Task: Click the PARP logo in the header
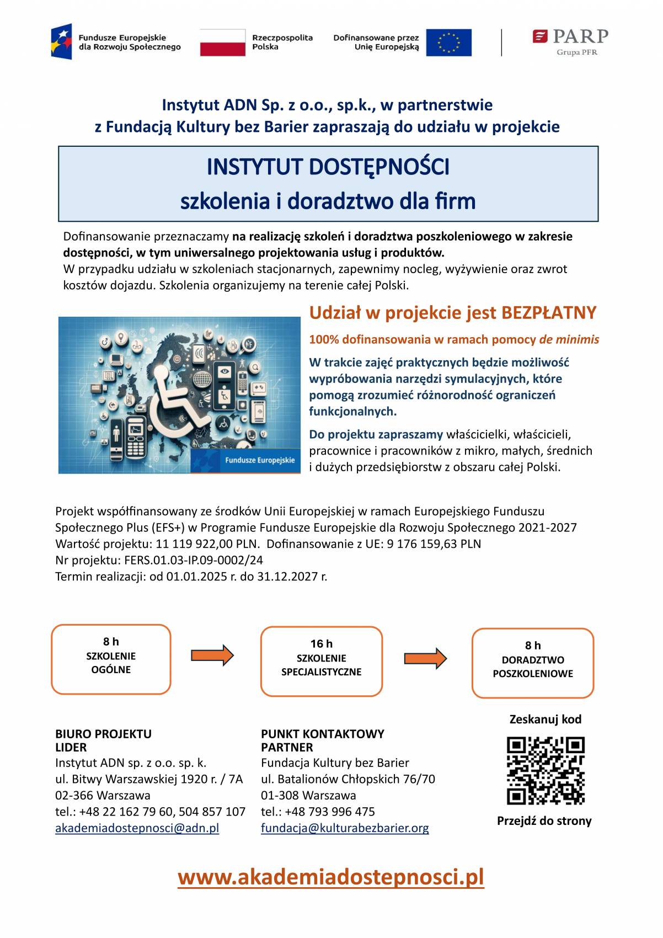tap(570, 41)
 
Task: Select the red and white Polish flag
tap(222, 42)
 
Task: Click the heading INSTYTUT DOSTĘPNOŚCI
tap(328, 167)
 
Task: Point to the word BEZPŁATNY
tap(548, 313)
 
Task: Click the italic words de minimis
tap(569, 339)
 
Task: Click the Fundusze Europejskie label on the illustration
tap(260, 460)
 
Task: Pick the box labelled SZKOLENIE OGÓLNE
tap(111, 659)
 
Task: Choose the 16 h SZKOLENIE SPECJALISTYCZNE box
tap(321, 661)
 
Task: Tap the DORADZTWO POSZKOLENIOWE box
tap(532, 663)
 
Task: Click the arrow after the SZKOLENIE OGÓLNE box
tap(212, 655)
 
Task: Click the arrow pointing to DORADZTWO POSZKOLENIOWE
tap(425, 658)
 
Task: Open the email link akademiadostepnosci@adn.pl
tap(137, 828)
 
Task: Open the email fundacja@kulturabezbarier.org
tap(345, 828)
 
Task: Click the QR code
tap(545, 770)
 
